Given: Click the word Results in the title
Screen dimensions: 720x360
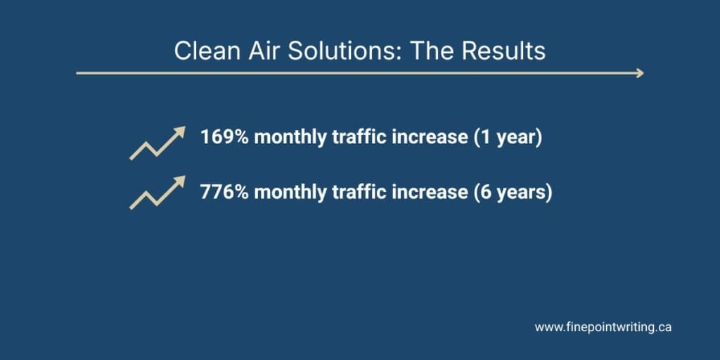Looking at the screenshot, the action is [503, 51].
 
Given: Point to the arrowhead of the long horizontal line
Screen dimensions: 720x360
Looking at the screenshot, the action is [640, 73].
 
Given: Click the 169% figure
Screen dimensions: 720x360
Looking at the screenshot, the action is [224, 137].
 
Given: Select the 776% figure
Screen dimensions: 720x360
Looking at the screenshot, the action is [224, 192].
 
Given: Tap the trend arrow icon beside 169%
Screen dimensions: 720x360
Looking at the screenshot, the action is [157, 143].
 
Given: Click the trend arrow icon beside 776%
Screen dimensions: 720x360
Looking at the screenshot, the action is [157, 193].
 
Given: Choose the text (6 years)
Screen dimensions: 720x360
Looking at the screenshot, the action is [513, 193].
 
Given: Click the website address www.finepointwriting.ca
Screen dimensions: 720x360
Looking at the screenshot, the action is [603, 328].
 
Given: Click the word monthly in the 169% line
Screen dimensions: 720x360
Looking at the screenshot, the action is [290, 138].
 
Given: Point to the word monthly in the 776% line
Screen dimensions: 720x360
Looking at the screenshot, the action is [290, 193].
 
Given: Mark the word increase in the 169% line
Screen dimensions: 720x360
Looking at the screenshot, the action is [430, 138].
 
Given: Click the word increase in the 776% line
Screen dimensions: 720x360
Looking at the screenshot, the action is [430, 193].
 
